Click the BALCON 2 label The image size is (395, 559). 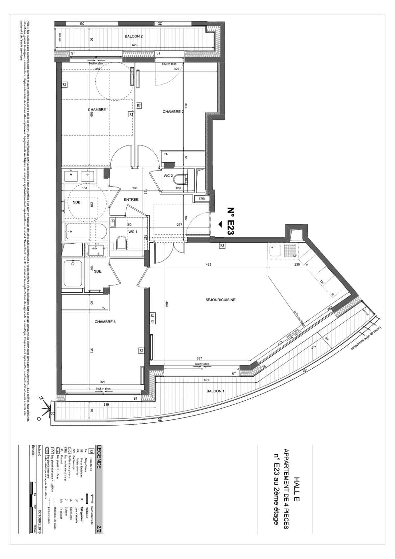coord(133,37)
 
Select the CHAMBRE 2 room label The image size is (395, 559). coord(173,112)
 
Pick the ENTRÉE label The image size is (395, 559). coord(131,200)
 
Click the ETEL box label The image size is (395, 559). coord(202,199)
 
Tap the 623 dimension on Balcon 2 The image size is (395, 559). coord(135,45)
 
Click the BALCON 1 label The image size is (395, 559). coord(215,391)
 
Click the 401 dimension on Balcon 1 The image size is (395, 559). coord(206,380)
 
